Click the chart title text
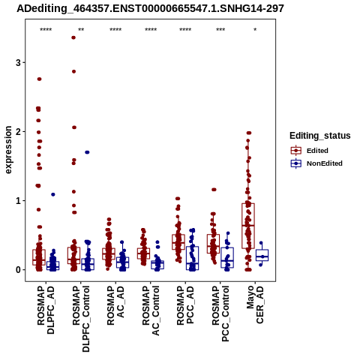[x=150, y=8]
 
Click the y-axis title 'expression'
[x=8, y=150]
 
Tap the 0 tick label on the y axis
[x=18, y=270]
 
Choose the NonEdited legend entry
[x=316, y=163]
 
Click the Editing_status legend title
[x=320, y=136]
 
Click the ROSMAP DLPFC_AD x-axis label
[x=46, y=310]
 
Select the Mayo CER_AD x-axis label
[x=255, y=304]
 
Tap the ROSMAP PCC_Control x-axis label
[x=220, y=313]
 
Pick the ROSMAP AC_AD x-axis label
[x=115, y=305]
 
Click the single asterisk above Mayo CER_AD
[x=255, y=30]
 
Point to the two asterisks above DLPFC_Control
[x=81, y=30]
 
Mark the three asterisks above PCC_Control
[x=220, y=30]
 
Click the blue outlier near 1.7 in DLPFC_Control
[x=87, y=152]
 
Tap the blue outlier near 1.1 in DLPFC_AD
[x=53, y=194]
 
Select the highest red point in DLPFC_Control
[x=73, y=37]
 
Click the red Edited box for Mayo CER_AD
[x=248, y=226]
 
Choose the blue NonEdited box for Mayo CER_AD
[x=262, y=255]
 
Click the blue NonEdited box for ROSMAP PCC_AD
[x=192, y=258]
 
